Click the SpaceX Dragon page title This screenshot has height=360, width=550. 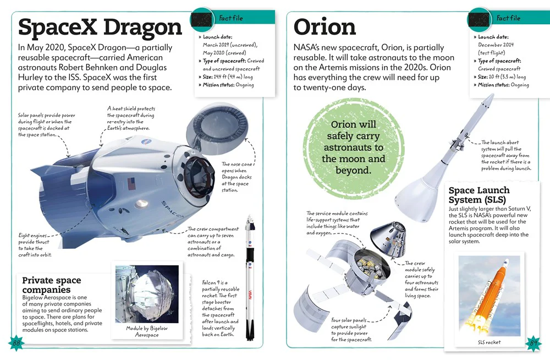100,28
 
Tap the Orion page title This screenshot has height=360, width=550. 324,26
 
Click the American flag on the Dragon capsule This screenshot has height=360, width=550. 131,184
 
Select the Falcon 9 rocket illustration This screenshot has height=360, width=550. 249,277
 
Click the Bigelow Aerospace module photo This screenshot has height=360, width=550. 147,294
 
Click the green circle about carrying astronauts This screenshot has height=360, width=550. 353,148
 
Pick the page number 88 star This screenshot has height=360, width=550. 16,343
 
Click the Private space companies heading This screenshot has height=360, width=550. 52,285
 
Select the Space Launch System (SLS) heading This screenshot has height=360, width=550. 479,195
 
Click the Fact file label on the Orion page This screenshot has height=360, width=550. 508,18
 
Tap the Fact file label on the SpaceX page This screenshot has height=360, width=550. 231,18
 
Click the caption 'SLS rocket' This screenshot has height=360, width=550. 490,342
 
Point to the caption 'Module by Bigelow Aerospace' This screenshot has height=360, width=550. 147,331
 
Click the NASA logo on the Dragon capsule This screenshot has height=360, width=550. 145,142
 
